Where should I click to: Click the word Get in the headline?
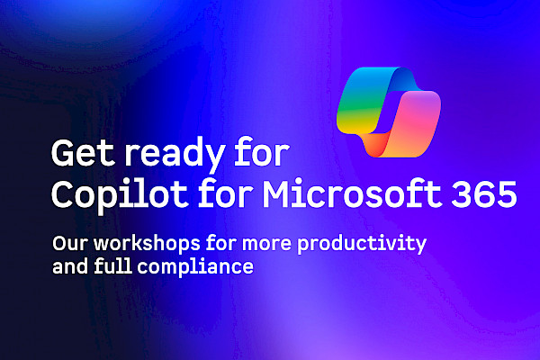[x=83, y=153]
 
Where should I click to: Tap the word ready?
[x=175, y=155]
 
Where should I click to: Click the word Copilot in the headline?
[x=120, y=195]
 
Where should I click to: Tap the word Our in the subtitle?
[x=70, y=244]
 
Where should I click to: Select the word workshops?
[x=147, y=244]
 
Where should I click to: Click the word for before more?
[x=221, y=243]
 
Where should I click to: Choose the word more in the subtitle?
[x=267, y=245]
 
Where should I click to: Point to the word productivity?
[x=362, y=244]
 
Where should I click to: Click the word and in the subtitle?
[x=70, y=266]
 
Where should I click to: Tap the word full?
[x=112, y=266]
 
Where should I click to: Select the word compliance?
[x=195, y=267]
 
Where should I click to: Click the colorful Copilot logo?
[x=389, y=112]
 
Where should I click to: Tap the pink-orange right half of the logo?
[x=413, y=124]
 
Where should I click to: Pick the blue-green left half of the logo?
[x=365, y=100]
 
